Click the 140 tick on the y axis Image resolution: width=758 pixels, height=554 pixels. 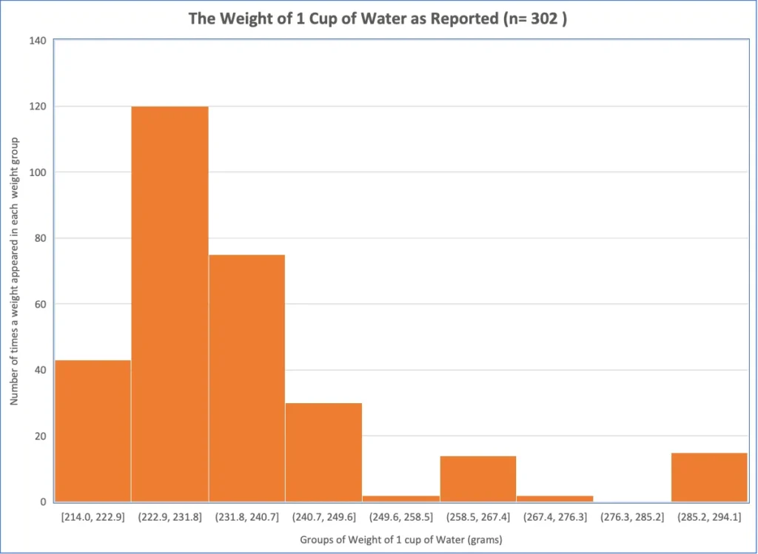[x=38, y=40]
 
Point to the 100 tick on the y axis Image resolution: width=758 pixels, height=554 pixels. [x=38, y=172]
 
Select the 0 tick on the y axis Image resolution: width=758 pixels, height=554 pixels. [x=43, y=502]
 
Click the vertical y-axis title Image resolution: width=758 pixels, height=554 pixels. [x=14, y=271]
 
